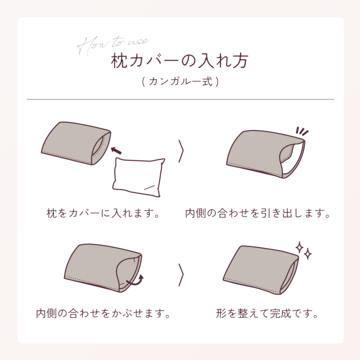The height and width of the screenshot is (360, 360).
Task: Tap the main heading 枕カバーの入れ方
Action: (180, 60)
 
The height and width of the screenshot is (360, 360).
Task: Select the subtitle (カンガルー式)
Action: (180, 82)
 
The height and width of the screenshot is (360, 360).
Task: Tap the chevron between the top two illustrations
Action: (181, 151)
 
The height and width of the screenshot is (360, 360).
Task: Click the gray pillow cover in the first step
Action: (70, 146)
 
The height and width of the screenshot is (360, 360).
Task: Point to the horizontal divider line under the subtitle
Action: (180, 100)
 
